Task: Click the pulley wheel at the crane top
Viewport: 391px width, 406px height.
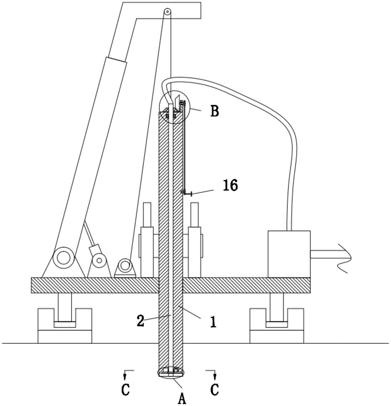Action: coord(167,12)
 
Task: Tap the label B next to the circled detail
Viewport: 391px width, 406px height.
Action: coord(215,111)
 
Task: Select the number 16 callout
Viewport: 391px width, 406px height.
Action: coord(230,186)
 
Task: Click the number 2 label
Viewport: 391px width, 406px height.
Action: coord(140,321)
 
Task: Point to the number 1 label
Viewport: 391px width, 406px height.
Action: coord(213,322)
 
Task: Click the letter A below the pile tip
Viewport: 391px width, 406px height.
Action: coord(182,398)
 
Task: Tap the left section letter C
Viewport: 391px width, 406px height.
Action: coord(126,389)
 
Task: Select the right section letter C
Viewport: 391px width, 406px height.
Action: coord(215,389)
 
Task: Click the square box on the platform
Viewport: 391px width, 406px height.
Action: coord(289,254)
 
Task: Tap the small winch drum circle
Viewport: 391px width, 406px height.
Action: coord(125,266)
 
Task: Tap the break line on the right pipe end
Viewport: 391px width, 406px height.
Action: coord(345,258)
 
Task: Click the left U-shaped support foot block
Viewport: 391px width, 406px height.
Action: coord(65,326)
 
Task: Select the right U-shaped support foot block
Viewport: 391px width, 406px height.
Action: coord(277,326)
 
